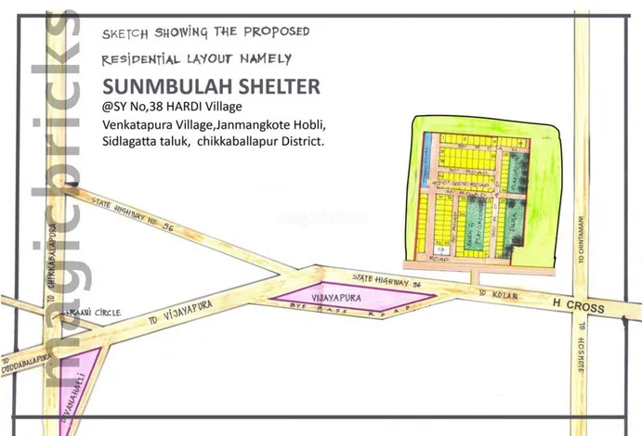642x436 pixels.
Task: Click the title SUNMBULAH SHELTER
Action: coord(212,86)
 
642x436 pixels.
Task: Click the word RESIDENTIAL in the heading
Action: coord(141,59)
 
